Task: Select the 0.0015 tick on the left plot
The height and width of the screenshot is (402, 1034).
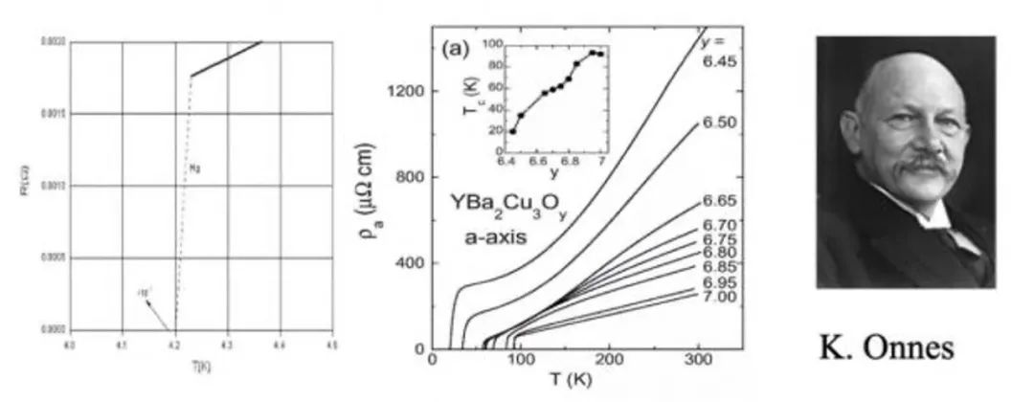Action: [52, 114]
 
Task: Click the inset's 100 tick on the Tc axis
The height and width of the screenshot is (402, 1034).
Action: [492, 44]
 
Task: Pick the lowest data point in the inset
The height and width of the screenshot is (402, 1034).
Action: [512, 131]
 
